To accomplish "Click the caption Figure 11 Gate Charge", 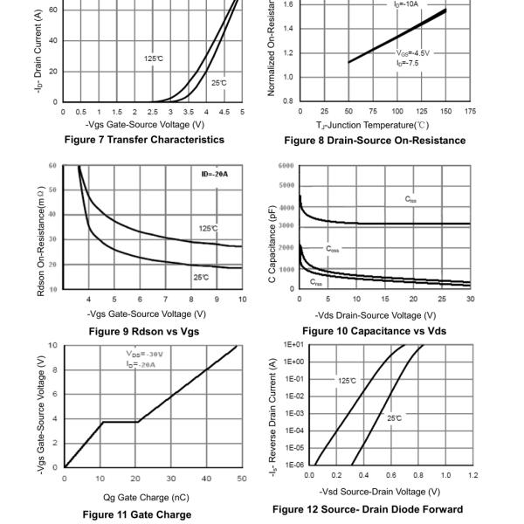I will (137, 514).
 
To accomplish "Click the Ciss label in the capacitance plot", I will (410, 200).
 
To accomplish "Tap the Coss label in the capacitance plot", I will (334, 249).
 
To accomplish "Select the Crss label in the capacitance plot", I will (315, 282).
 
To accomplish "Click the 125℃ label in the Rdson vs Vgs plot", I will (208, 229).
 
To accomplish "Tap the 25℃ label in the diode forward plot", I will (395, 418).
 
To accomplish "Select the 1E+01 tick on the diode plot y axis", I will (292, 346).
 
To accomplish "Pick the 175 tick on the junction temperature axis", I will (471, 111).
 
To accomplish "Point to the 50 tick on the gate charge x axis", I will (242, 478).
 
